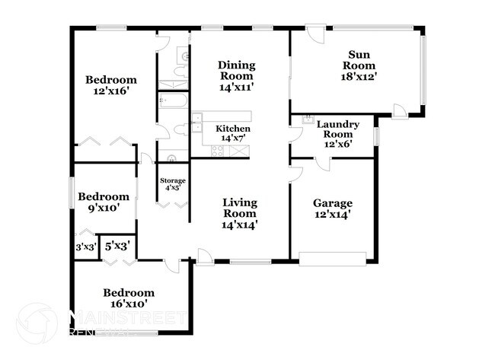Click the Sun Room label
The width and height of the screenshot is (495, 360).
point(359,60)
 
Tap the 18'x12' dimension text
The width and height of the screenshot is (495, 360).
point(359,77)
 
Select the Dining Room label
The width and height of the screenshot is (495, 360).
point(236,70)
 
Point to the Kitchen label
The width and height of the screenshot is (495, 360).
point(233,129)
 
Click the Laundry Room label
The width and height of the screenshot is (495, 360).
point(338,129)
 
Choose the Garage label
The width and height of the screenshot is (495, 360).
point(333,203)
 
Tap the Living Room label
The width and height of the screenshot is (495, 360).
point(240,208)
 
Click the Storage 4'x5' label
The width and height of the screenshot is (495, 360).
point(173,184)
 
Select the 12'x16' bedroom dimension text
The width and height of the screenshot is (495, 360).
point(111,91)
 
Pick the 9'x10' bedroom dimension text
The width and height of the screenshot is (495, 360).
point(104,209)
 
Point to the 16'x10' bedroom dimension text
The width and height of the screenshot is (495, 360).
point(129,304)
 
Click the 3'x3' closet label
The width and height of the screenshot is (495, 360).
point(86,247)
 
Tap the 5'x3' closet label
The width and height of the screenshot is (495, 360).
point(117,246)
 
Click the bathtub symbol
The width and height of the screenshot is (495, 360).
point(173,100)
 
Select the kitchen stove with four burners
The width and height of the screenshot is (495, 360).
point(218,151)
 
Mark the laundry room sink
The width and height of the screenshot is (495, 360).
point(306,119)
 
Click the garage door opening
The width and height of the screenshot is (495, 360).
point(333,259)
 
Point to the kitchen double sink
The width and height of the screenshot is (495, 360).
point(197,123)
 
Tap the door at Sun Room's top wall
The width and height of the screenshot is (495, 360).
point(315,33)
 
